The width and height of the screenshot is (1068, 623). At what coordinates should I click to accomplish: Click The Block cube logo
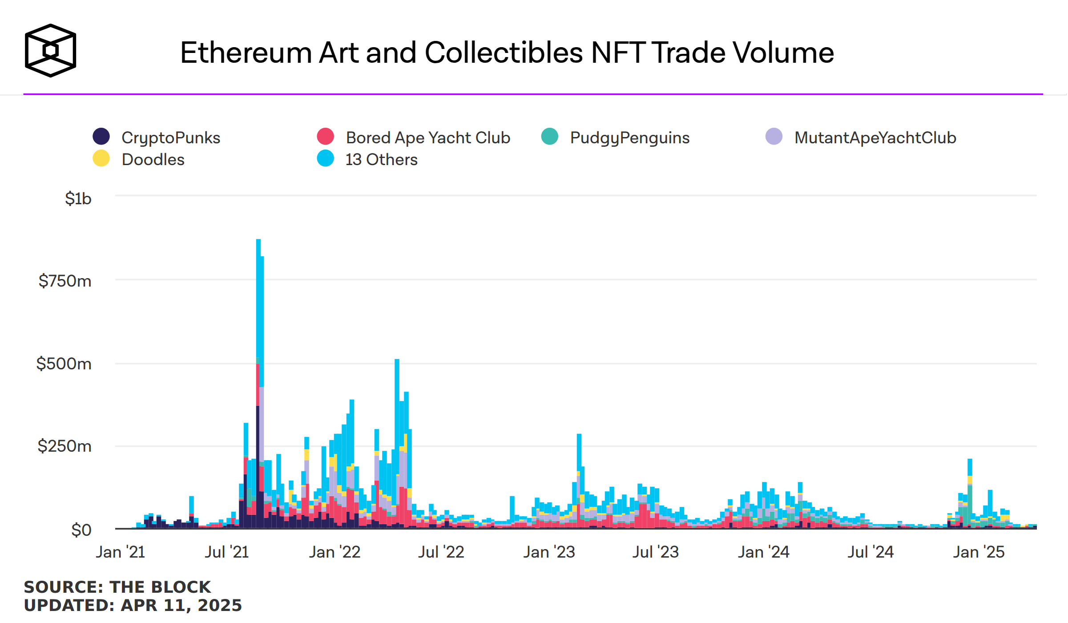[50, 50]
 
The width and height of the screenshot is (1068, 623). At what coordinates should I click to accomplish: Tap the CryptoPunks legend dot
[101, 137]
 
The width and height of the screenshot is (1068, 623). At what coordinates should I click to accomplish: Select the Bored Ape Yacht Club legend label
[427, 138]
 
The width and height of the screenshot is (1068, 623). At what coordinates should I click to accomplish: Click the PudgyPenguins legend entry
[629, 138]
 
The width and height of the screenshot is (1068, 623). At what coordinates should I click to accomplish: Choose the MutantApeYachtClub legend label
[875, 138]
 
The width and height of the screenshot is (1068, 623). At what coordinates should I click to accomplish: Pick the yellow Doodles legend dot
[101, 158]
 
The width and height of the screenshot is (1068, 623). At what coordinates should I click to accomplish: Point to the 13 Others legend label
[381, 160]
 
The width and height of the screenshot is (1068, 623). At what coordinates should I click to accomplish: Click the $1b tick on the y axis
[78, 198]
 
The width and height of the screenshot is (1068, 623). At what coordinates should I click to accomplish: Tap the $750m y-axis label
[65, 281]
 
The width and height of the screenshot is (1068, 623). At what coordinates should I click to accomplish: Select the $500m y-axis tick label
[64, 364]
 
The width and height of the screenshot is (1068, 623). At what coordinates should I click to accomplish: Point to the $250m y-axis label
[64, 446]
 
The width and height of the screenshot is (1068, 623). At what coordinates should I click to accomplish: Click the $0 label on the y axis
[81, 530]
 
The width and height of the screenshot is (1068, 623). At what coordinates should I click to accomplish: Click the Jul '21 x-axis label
[226, 552]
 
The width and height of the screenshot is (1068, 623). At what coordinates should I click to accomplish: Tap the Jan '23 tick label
[549, 552]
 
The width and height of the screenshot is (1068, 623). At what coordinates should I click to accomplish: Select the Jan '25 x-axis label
[979, 552]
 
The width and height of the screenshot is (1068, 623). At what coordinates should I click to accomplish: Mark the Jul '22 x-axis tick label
[441, 552]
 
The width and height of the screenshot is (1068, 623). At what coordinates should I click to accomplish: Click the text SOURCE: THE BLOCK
[117, 587]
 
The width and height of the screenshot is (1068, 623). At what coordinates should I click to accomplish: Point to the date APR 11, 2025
[181, 606]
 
